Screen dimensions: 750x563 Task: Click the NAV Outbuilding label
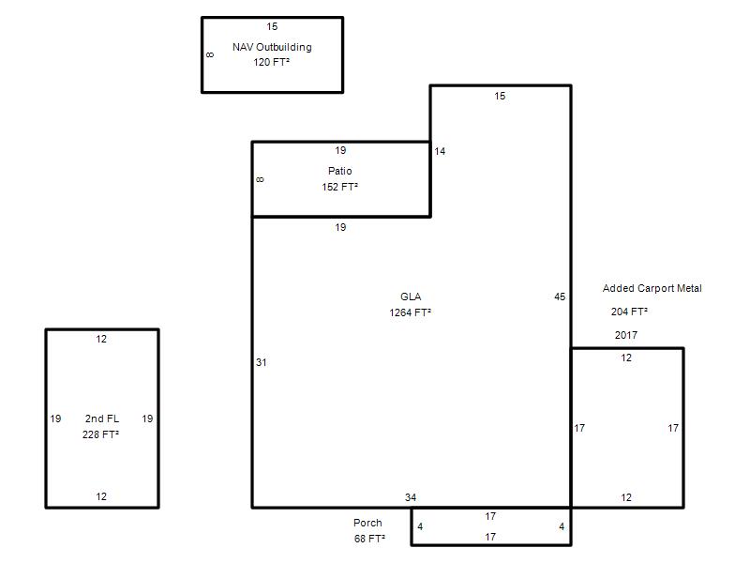272,47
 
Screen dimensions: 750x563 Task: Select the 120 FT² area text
271,62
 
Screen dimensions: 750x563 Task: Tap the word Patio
340,171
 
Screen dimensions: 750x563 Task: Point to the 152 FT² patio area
340,187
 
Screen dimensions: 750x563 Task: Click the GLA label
411,297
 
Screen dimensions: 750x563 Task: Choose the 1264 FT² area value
411,312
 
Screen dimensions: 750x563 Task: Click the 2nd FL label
102,418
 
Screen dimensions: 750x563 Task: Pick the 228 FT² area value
100,434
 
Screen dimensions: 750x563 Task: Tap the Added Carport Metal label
652,288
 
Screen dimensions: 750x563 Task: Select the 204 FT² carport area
629,312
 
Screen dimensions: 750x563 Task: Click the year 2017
626,335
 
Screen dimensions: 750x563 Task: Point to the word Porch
367,523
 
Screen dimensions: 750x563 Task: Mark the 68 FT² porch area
369,539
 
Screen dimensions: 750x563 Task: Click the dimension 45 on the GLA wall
560,297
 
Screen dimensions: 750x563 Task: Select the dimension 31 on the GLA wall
262,362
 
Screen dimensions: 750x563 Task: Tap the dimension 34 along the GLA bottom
411,497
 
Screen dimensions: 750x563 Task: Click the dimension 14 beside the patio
440,151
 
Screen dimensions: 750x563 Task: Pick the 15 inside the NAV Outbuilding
272,26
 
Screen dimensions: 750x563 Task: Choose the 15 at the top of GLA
500,96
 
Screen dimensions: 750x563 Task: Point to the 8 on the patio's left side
260,179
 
